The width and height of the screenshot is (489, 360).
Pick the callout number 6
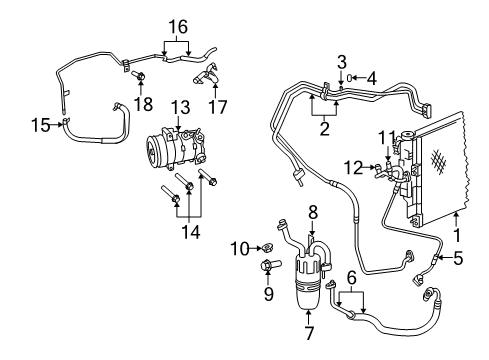coord(351,278)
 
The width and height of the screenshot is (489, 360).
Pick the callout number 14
coord(187,232)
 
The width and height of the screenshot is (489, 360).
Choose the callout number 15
coord(41,125)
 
